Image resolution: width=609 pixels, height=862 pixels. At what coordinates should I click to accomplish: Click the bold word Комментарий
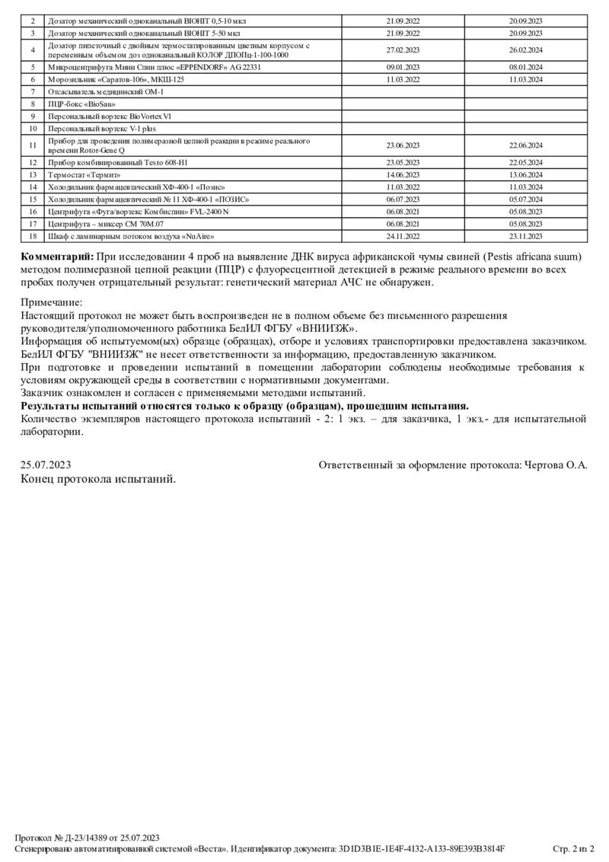57,256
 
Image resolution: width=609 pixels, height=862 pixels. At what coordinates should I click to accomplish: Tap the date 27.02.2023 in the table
403,50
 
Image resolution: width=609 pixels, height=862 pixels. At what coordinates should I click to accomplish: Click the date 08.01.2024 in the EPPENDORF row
525,67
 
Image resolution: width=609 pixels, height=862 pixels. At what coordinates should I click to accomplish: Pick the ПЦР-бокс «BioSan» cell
76,103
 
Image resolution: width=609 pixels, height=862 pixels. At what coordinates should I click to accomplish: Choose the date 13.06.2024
525,174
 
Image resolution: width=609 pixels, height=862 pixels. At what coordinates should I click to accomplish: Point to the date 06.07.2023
403,199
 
